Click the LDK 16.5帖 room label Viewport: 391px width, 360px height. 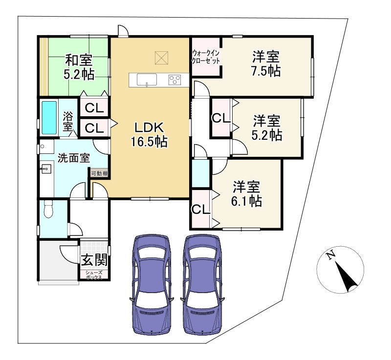click(149, 134)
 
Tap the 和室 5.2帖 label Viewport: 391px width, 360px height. click(79, 67)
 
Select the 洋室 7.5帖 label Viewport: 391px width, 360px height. click(266, 64)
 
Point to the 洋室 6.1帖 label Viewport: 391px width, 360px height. click(246, 194)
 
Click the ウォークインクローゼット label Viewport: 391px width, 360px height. click(206, 57)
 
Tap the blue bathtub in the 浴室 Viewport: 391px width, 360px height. click(49, 118)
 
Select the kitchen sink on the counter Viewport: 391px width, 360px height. click(147, 80)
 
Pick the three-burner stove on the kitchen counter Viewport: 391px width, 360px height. click(175, 80)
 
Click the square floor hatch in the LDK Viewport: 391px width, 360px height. click(161, 58)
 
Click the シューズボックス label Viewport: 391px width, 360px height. click(94, 275)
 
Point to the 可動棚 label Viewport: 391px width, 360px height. click(99, 173)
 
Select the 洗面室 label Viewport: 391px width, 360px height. click(74, 158)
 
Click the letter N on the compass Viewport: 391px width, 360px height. click(331, 255)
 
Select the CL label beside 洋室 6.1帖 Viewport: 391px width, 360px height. click(200, 209)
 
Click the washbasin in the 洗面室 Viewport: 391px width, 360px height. click(46, 169)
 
